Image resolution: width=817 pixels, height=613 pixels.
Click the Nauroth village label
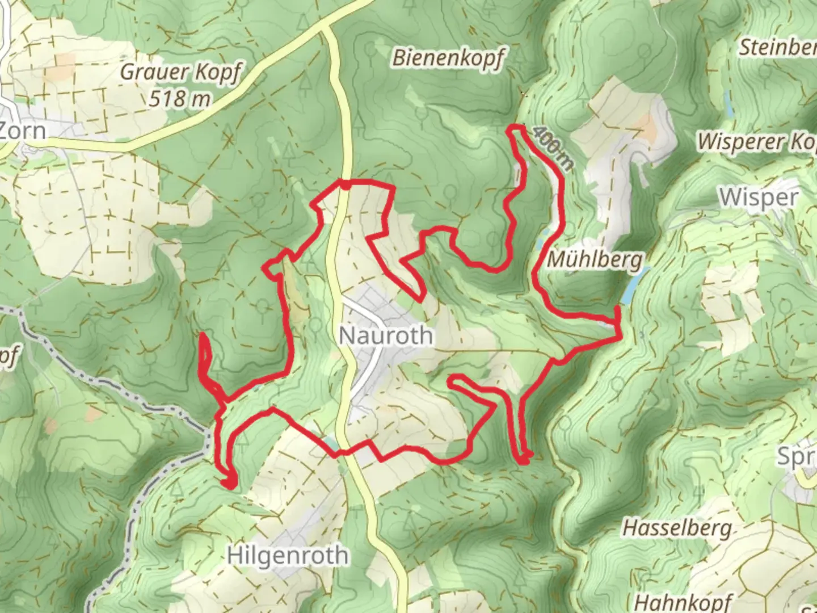click(x=386, y=335)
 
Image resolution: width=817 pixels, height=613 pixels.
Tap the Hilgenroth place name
click(x=288, y=555)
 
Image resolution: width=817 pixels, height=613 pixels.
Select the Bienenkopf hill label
click(x=448, y=58)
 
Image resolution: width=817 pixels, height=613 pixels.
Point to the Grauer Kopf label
click(x=180, y=72)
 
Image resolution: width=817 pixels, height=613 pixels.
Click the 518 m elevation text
click(x=179, y=99)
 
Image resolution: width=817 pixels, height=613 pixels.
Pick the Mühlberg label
click(x=595, y=261)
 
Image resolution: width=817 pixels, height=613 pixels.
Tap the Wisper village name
click(x=759, y=198)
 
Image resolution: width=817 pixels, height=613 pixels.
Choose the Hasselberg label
click(x=677, y=528)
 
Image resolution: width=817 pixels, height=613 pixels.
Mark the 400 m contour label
click(x=553, y=149)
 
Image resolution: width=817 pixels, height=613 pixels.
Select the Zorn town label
click(x=23, y=131)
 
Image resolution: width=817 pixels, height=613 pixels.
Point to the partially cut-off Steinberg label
click(x=777, y=48)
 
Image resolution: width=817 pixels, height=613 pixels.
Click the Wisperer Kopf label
click(x=757, y=141)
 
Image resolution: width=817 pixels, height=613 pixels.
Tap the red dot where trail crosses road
click(x=344, y=184)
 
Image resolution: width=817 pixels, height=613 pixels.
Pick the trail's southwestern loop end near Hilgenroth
click(x=229, y=484)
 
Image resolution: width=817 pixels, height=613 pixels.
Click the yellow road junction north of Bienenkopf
click(x=324, y=28)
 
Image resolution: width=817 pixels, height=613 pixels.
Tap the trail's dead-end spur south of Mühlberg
click(x=523, y=459)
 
